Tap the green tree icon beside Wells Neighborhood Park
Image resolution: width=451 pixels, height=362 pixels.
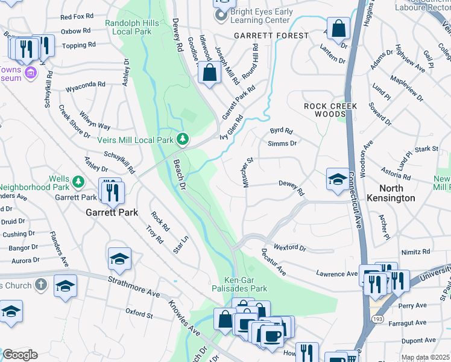(x=78, y=181)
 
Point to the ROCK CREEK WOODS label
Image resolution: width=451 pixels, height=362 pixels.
(x=330, y=110)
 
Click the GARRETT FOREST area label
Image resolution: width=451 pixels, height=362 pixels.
(x=271, y=36)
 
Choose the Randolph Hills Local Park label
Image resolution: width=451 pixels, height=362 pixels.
(x=132, y=27)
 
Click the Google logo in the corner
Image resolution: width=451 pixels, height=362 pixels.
(x=20, y=355)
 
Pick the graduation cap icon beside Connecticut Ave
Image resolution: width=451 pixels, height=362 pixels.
(x=338, y=179)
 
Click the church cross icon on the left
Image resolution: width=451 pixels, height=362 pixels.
(x=40, y=284)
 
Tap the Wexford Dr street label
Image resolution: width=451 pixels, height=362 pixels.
(x=290, y=247)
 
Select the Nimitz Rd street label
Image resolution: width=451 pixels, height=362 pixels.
(x=418, y=251)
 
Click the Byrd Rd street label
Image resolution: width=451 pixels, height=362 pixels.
(x=281, y=130)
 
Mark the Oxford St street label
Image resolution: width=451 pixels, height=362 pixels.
(x=139, y=313)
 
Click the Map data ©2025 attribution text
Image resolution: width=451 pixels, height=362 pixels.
(x=425, y=357)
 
